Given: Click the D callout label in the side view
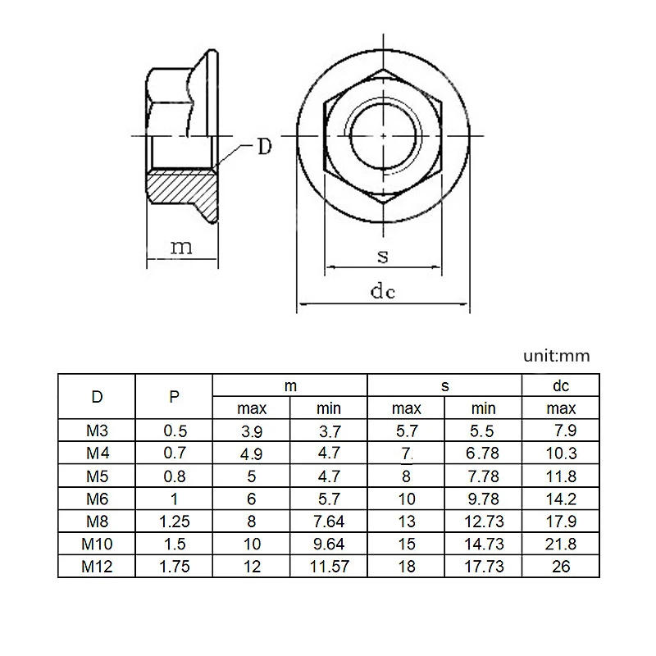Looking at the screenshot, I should pos(264,148).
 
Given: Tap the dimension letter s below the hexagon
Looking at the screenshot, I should pos(383,256).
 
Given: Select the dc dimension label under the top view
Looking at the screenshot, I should pos(382,292).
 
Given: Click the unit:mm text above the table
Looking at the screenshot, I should pos(557,356).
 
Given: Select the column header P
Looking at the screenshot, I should pos(174,397).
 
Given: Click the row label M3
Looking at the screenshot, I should pos(97,430).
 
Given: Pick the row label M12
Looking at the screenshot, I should pos(97,567).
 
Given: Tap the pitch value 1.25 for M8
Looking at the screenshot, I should pos(174,522).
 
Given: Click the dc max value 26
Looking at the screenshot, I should pos(562,567).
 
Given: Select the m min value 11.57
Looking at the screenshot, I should pos(329,567).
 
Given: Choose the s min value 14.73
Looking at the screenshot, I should pos(484,544).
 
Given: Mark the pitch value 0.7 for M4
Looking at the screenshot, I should pos(174,453).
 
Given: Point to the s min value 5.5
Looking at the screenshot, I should pos(484,430).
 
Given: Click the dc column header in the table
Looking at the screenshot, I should pos(562,386).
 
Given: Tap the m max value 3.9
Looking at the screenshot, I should pos(252,430).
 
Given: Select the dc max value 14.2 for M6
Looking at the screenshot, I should pos(562,499).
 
